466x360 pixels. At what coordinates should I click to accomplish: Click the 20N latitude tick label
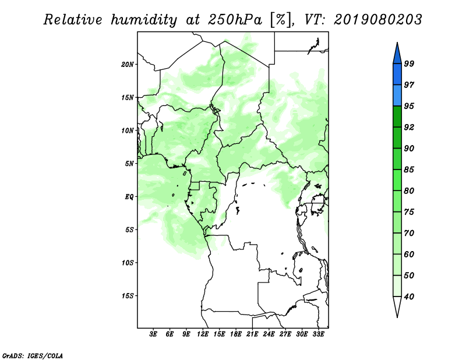coord(128,64)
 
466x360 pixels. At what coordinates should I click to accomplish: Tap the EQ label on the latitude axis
coord(129,197)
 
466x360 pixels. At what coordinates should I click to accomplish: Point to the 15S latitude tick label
coord(128,296)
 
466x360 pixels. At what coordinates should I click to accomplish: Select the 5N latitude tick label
coord(129,164)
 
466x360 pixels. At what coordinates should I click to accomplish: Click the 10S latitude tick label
coord(128,263)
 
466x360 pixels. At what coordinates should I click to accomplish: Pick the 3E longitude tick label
coord(154,335)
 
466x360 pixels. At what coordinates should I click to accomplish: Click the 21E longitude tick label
coord(253,335)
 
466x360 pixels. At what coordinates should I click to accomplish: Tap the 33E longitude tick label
coord(319,335)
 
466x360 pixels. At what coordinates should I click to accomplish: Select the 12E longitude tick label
coord(203,335)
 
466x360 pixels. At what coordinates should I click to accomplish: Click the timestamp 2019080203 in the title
coord(379,20)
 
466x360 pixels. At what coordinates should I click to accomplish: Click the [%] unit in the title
coord(280,20)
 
